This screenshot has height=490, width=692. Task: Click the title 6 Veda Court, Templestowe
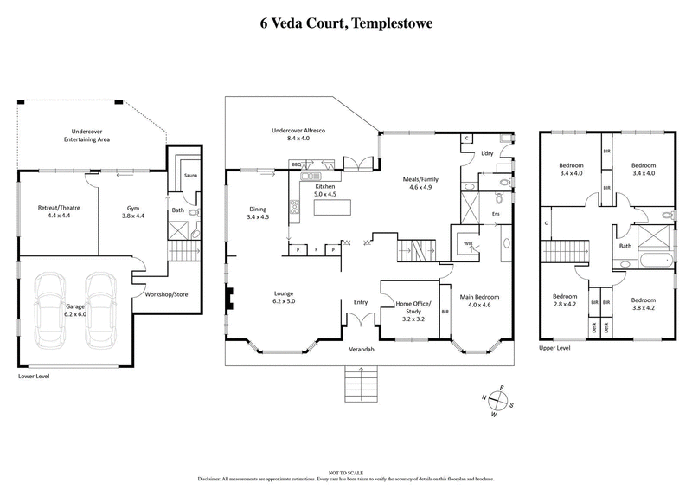[x=346, y=23]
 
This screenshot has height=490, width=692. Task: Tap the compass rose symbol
[x=497, y=401]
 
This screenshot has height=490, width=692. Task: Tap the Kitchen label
[x=324, y=187]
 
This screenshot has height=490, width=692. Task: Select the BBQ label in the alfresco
[x=296, y=163]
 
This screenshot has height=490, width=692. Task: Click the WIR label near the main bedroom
[x=468, y=244]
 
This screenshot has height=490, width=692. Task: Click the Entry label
[x=361, y=302]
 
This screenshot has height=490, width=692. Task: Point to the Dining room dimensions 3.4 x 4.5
[x=258, y=217]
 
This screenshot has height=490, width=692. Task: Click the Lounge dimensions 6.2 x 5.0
[x=285, y=301]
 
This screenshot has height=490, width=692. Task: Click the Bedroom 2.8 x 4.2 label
[x=566, y=302]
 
